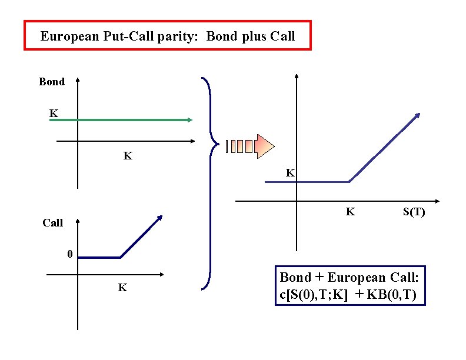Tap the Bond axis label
click(52, 82)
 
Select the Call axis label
click(52, 223)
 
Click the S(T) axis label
click(414, 212)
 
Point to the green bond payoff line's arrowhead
click(189, 120)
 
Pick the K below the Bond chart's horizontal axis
click(128, 156)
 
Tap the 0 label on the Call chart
click(69, 254)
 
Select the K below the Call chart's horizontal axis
click(122, 288)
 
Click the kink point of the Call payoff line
click(120, 257)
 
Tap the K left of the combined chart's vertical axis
click(290, 173)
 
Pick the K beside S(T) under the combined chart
click(350, 212)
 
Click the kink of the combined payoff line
click(349, 182)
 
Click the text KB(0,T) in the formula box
click(391, 295)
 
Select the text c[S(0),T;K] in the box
click(313, 295)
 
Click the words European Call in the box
click(372, 277)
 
